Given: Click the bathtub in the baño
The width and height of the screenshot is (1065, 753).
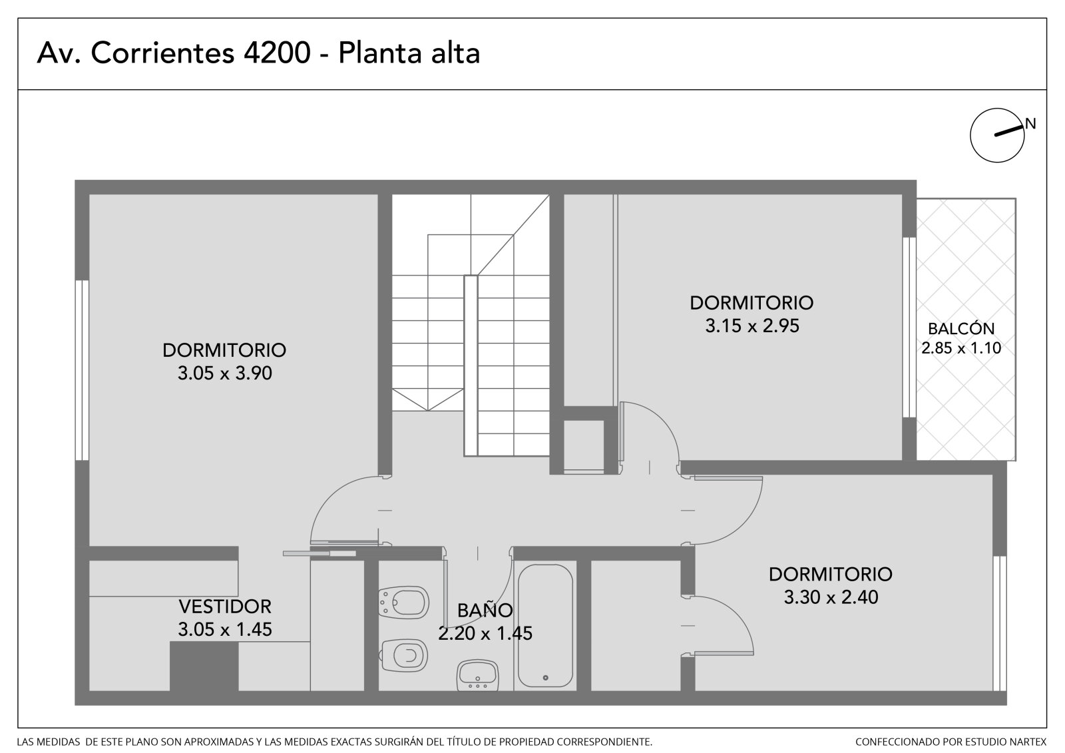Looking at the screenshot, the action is [x=545, y=626].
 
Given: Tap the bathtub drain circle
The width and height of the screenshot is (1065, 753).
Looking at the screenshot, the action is [x=545, y=678].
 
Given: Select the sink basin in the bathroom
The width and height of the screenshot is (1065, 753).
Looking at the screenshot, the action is [x=477, y=675].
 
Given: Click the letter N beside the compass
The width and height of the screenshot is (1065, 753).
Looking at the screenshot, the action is [x=1030, y=124].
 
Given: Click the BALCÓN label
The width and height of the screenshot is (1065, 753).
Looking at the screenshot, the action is [x=961, y=329].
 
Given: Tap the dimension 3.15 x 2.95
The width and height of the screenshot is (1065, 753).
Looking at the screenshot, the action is [x=752, y=326].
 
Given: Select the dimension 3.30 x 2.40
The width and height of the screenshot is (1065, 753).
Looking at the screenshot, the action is [x=831, y=597].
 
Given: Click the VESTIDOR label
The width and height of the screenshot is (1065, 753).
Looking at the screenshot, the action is [x=225, y=607].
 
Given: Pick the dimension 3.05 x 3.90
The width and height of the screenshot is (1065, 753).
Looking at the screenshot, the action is [x=225, y=373].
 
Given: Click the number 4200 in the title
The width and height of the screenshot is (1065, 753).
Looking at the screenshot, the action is [x=277, y=53].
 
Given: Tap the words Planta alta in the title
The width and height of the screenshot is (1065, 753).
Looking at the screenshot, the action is [x=409, y=53].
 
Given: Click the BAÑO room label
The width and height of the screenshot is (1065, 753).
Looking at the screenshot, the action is [x=485, y=611].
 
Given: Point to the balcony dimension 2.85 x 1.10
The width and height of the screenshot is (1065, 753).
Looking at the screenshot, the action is [x=961, y=348].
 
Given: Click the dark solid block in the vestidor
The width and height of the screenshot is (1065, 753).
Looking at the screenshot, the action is [x=204, y=666].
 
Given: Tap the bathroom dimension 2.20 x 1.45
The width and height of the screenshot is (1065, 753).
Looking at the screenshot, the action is [x=485, y=633].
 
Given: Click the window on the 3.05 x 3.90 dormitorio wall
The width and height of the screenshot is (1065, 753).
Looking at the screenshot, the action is [x=82, y=370].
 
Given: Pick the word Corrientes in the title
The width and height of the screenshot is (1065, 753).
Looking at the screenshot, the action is [x=162, y=53].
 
